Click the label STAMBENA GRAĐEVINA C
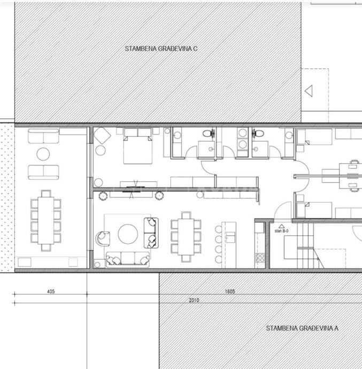pos(161,49)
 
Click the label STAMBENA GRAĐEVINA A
pos(302,328)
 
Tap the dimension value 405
pos(51,291)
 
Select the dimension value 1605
pos(230,291)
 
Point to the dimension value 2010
pos(194,301)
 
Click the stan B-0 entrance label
pos(281,231)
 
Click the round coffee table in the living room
pos(128,234)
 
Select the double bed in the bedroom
pos(138,146)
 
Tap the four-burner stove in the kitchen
pos(260,257)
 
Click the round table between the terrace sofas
pos(43,154)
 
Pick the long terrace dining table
pos(45,220)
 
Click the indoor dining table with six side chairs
pos(186,237)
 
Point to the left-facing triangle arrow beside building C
pos(309,91)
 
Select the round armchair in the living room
pos(103,239)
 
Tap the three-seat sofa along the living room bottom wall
pos(128,259)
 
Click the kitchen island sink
pos(230,237)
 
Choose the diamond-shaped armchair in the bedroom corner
pos(102,135)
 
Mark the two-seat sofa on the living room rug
pos(151,233)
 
